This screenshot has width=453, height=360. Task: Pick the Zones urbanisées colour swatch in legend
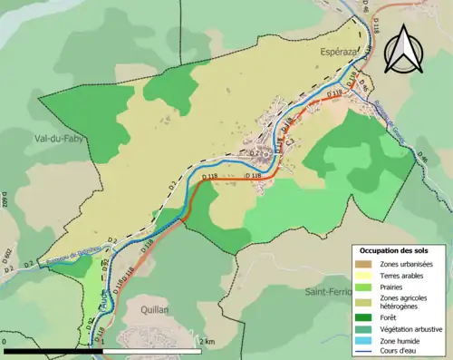coord(364,263)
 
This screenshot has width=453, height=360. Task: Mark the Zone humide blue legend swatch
coord(364,340)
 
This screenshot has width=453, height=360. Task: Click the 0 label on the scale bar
coord(6,342)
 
